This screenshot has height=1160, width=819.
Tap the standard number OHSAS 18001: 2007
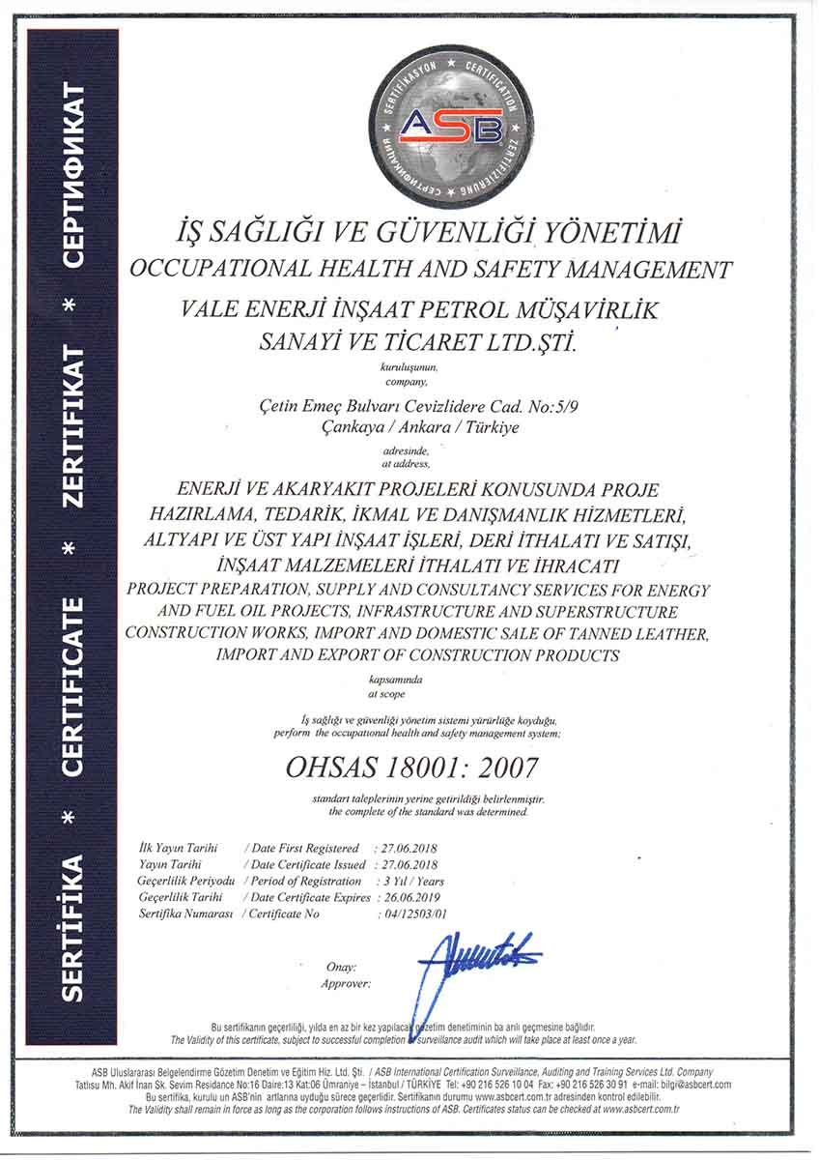point(412,768)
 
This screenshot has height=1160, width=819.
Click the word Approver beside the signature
point(345,983)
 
